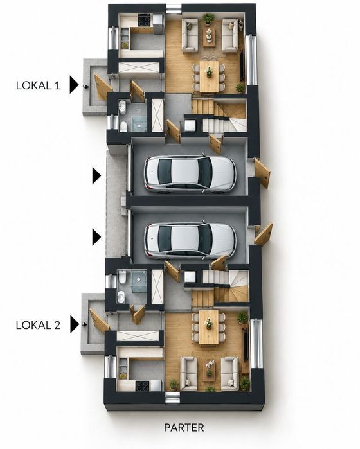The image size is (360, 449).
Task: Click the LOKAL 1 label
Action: click(x=38, y=85)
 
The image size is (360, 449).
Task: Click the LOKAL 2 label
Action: click(x=38, y=325)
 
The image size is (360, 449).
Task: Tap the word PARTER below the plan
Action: click(x=184, y=428)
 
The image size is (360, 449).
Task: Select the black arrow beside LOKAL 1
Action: click(x=74, y=85)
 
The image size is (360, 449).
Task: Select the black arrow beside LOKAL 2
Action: click(x=74, y=324)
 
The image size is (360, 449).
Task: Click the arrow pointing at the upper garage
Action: click(x=96, y=176)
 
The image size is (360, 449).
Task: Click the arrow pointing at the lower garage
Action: click(x=96, y=237)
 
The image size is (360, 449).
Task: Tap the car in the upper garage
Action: click(x=190, y=173)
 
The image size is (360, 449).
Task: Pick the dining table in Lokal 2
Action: click(x=209, y=327)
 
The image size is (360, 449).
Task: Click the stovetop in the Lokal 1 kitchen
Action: click(x=145, y=21)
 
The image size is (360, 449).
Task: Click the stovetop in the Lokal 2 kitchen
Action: click(x=142, y=385)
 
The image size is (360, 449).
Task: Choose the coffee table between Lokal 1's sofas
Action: click(x=209, y=37)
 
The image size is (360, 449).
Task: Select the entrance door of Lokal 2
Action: click(x=99, y=321)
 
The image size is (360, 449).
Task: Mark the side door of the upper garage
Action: click(x=262, y=173)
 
